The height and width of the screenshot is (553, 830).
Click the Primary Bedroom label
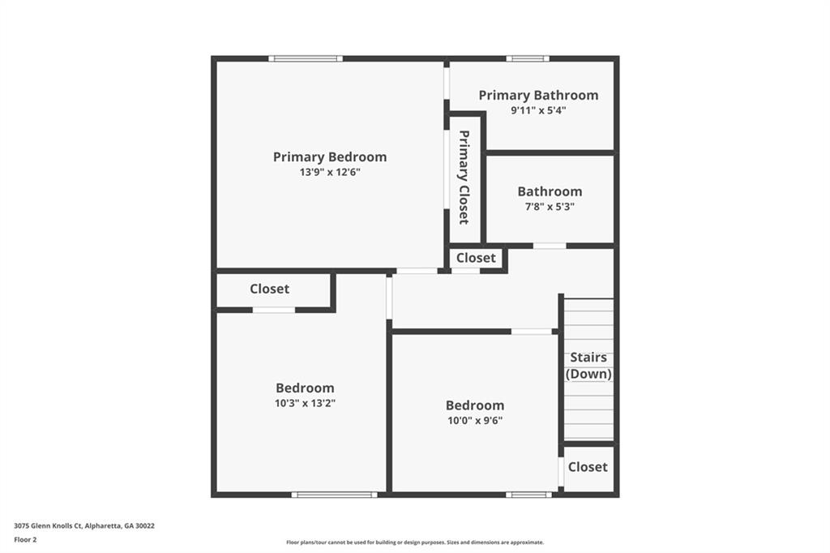click(330, 157)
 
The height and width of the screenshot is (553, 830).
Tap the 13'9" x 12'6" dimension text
click(330, 172)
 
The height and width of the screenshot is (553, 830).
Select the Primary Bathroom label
click(538, 96)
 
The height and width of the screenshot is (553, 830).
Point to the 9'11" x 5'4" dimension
click(538, 111)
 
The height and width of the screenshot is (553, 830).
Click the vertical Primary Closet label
click(464, 178)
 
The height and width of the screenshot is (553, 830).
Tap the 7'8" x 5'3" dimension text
click(550, 207)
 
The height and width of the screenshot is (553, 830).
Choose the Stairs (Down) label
click(588, 366)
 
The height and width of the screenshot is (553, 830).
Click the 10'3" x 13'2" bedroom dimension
click(305, 403)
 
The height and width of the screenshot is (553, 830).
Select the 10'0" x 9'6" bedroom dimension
click(475, 421)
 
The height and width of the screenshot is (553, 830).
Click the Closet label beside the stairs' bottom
click(588, 467)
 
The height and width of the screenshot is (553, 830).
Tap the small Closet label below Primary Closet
click(476, 258)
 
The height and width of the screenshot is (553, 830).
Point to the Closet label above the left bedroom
click(269, 289)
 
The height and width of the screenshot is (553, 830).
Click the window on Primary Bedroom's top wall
click(306, 59)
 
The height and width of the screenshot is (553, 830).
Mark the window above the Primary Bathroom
click(527, 59)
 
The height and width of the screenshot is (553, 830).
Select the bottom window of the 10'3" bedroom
click(335, 495)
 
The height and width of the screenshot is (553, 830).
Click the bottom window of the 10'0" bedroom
click(528, 495)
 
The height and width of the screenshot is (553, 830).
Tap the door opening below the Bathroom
click(550, 246)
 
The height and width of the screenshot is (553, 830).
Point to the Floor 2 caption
click(25, 540)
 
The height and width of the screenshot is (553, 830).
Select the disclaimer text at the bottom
click(415, 542)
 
